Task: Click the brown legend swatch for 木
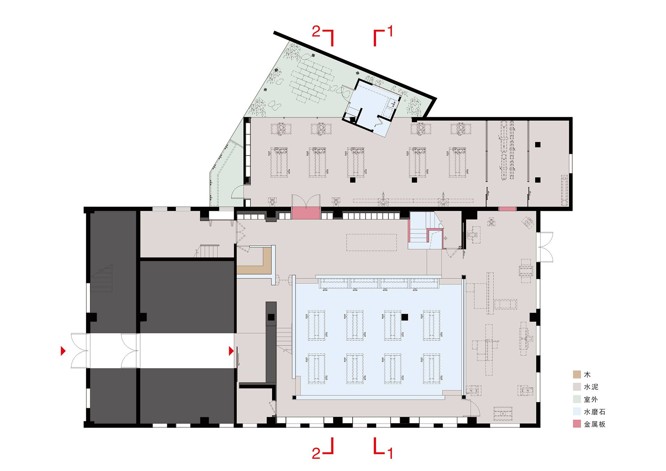pos(577,374)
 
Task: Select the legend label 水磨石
pos(594,412)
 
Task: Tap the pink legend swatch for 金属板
pos(577,424)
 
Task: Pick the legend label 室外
pos(591,399)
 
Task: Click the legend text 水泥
pos(591,387)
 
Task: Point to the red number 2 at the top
pos(316,32)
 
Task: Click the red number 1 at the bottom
pos(390,453)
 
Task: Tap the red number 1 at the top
pos(390,31)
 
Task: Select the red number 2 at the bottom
pos(316,453)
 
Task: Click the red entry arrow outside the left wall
pos(63,351)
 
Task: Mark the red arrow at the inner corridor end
pos(231,351)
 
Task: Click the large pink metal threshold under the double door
pos(306,213)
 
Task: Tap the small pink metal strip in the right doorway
pos(507,209)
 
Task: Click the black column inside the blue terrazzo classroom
pos(405,317)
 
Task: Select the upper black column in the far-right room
pos(537,145)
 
